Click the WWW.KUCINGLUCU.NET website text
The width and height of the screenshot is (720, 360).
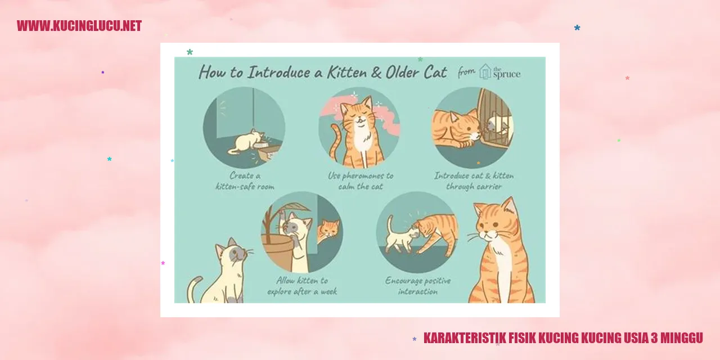pos(79,26)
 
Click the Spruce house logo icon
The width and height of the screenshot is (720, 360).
pos(485,71)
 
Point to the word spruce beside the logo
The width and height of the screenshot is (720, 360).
pos(507,74)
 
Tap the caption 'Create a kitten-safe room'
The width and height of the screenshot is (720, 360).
pos(245,181)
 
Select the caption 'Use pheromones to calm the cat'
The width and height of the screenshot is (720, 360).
pos(361,181)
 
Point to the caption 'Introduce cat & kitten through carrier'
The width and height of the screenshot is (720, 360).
pos(474,181)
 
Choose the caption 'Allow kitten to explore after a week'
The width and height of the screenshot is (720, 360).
pos(302,286)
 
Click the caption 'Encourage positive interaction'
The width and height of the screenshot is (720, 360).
pos(418,286)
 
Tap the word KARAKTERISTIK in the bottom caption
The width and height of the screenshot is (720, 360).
pos(464,338)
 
